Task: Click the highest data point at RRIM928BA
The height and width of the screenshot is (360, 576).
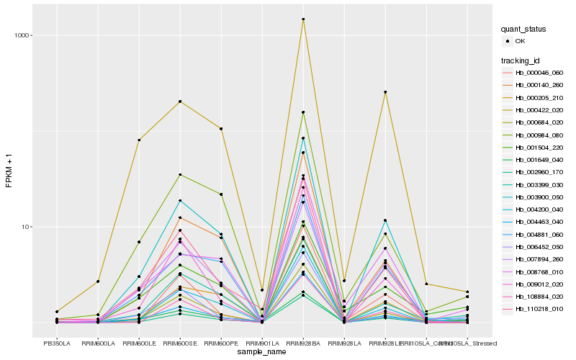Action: pos(303,19)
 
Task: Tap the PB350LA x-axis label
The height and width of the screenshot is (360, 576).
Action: pos(57,343)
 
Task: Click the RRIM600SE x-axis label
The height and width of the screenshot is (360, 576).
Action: pos(180,343)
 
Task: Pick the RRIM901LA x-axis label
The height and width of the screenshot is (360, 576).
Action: pos(262,343)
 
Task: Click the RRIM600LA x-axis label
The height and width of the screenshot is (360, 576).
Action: pos(98,343)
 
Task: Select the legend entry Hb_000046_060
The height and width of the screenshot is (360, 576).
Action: pos(539,73)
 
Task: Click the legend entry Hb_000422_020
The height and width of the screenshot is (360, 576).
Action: pos(539,110)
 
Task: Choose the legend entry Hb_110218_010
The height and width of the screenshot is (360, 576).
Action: pos(539,308)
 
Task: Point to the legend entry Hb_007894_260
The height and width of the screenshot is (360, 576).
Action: pos(539,258)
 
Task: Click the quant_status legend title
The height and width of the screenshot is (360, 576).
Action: pos(523,29)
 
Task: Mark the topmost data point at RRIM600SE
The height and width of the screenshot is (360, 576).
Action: pos(180,102)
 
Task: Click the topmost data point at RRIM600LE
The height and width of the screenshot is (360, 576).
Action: pos(139,140)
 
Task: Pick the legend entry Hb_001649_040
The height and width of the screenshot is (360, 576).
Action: pos(539,159)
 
